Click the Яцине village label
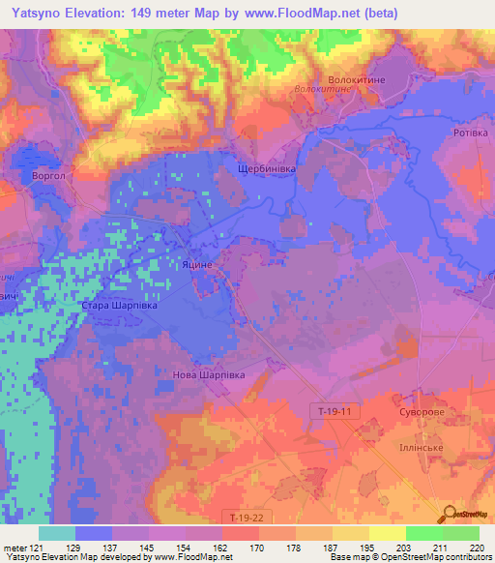[197, 263]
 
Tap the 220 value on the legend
[476, 547]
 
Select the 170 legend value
[258, 547]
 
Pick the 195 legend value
[367, 547]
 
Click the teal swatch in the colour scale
[57, 533]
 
